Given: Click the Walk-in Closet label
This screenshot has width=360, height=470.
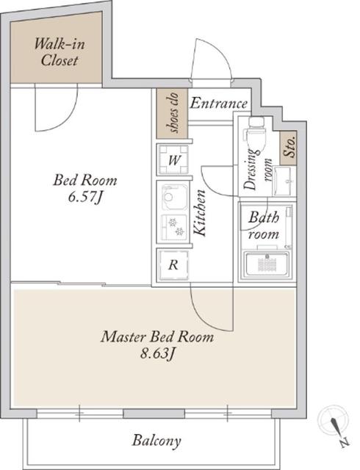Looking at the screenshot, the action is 60,52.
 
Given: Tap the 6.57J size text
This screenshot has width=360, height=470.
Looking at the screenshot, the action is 85,198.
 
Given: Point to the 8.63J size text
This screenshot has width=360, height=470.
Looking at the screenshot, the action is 158,354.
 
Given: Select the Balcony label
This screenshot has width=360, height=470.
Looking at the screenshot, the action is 156,441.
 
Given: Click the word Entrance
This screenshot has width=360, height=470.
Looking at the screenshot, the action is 219,104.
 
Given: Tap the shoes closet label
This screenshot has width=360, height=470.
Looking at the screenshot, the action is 173,113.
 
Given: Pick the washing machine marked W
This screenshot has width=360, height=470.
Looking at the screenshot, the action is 173,160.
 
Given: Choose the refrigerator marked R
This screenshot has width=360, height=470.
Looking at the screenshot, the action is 173,265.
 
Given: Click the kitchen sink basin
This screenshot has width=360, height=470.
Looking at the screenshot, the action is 175,198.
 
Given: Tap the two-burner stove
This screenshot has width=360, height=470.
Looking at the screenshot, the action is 176,227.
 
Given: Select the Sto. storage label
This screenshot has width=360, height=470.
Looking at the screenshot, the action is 289,148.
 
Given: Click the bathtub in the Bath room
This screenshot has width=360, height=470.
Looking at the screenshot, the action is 267,264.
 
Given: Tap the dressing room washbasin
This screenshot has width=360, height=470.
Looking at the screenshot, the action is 283,181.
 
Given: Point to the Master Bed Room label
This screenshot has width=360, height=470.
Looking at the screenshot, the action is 158,336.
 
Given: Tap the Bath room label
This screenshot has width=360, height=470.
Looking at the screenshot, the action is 264,225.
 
